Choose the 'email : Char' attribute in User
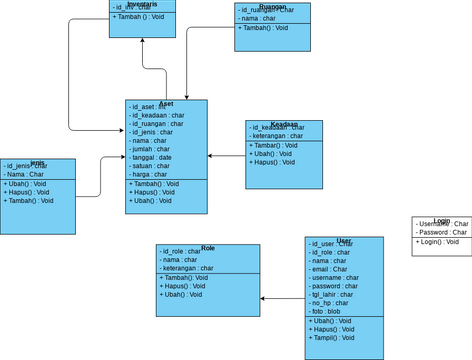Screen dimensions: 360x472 click(x=332, y=269)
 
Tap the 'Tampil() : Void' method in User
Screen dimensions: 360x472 click(x=335, y=337)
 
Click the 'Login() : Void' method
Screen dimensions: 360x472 click(x=438, y=241)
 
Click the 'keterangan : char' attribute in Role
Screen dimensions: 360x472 click(x=187, y=268)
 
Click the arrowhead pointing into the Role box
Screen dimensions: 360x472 click(x=263, y=298)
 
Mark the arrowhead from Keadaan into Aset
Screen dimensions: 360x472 click(x=211, y=156)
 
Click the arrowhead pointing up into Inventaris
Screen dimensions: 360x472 click(x=142, y=41)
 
